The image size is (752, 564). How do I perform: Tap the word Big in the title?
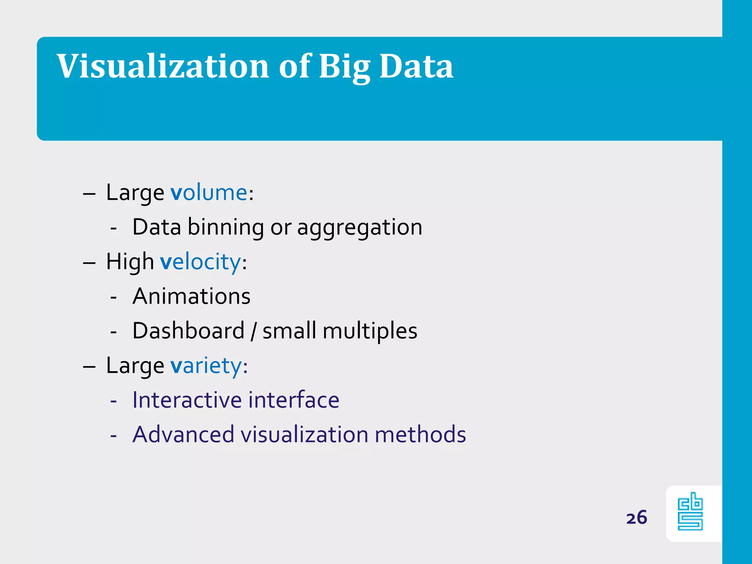[344, 67]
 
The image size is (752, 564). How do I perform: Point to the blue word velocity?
[200, 262]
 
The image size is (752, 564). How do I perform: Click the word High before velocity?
[130, 262]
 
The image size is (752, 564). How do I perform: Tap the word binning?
[225, 227]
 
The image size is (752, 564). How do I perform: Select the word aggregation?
[359, 227]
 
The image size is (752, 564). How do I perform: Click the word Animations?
[191, 296]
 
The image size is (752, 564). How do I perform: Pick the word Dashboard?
[188, 331]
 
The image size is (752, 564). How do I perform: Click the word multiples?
[370, 331]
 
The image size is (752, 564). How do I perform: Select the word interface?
[294, 400]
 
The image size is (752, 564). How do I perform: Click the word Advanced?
[183, 434]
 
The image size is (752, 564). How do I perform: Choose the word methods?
[420, 434]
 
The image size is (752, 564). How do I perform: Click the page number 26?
[636, 518]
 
